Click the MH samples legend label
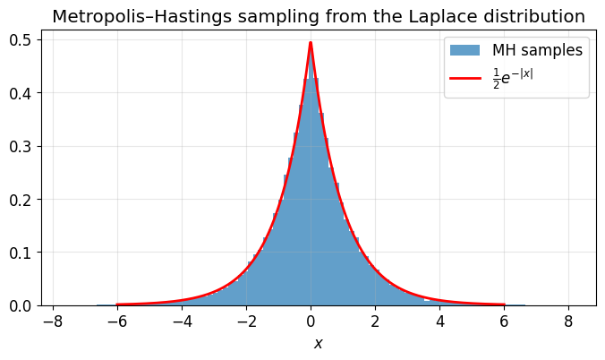tap(538, 50)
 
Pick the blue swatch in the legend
tap(465, 50)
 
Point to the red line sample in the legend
tap(465, 79)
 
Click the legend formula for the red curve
tap(513, 79)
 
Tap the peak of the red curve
tap(311, 42)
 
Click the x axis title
tap(318, 343)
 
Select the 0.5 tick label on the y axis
tap(20, 40)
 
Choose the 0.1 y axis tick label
tap(20, 253)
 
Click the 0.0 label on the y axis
tap(20, 305)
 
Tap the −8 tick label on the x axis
tap(53, 321)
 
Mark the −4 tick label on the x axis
tap(182, 321)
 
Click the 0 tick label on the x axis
tap(311, 321)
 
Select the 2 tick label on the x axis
tap(375, 321)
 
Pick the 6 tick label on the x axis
tap(504, 321)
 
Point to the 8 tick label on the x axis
tap(568, 321)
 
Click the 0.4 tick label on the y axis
tap(20, 93)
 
